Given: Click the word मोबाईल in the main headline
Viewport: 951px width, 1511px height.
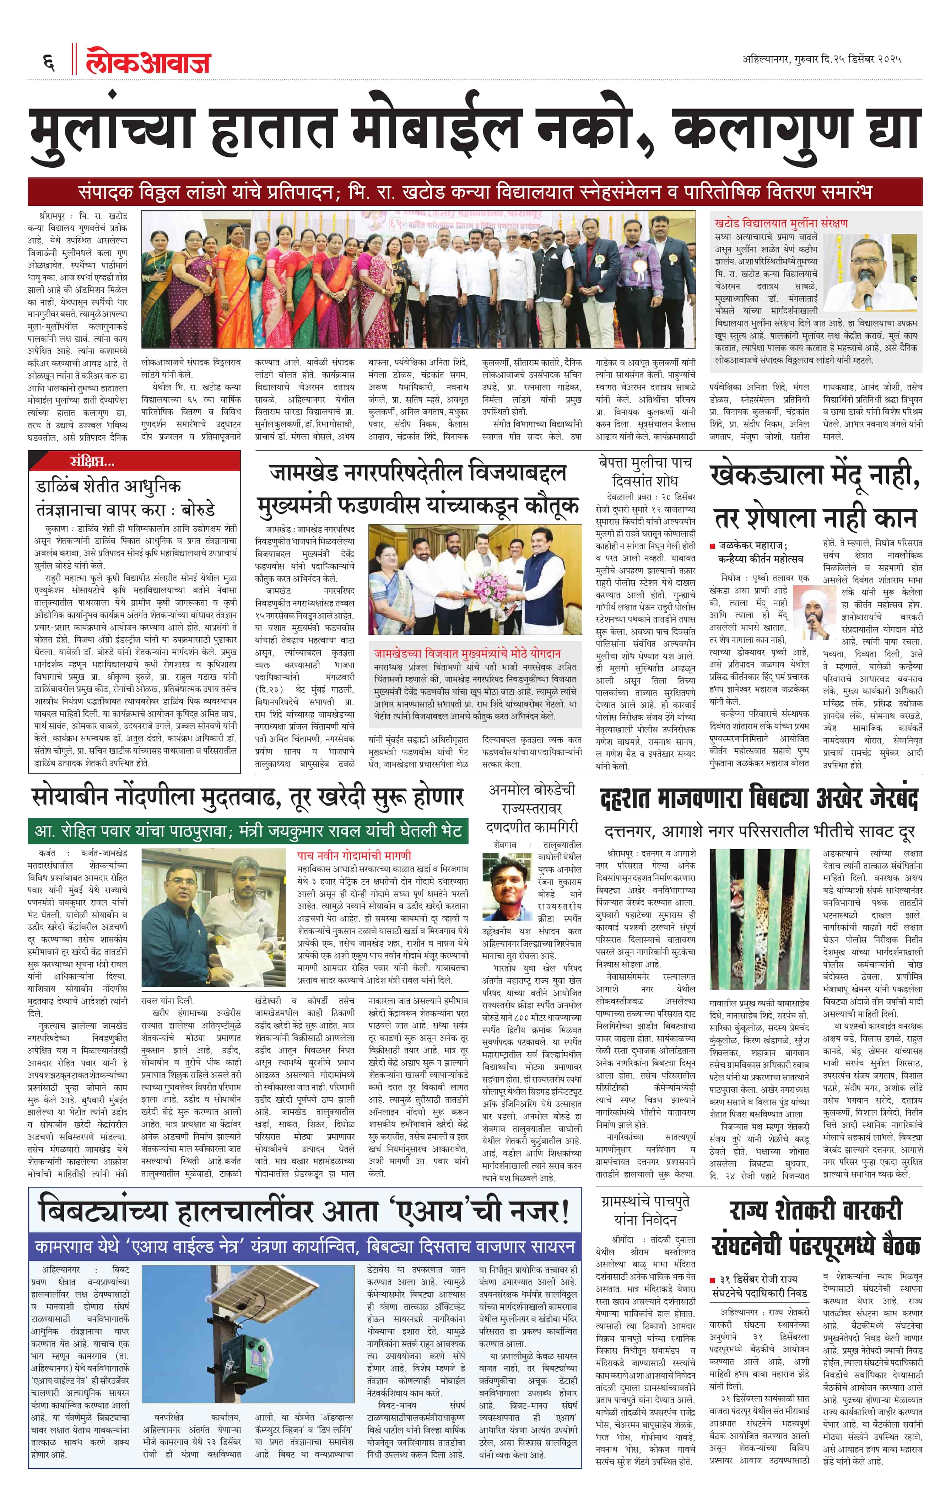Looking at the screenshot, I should point(427,132).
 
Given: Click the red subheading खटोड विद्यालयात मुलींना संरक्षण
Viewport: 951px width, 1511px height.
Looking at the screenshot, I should point(781,224).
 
